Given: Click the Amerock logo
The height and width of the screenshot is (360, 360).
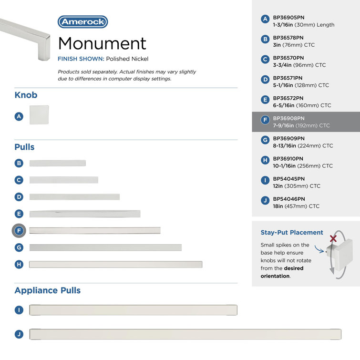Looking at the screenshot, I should [x=82, y=21].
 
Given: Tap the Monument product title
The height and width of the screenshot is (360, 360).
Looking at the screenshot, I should [x=102, y=43].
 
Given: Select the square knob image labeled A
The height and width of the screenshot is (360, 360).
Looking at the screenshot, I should [x=39, y=115].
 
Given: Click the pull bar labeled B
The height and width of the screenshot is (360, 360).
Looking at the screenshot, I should [x=57, y=163].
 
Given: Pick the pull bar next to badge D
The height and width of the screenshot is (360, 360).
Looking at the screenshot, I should [x=74, y=197].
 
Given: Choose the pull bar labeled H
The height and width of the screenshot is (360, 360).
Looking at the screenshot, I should [x=115, y=264].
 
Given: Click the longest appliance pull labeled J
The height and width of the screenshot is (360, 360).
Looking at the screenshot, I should [x=185, y=334].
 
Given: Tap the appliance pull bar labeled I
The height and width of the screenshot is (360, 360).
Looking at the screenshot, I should [x=133, y=310].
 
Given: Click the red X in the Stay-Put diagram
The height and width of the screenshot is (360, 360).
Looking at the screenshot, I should [x=333, y=238].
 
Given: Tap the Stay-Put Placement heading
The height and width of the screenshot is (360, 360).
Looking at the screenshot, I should [x=291, y=233].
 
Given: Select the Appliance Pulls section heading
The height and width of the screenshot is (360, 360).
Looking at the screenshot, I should [x=47, y=290].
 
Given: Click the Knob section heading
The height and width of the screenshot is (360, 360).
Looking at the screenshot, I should [x=26, y=95].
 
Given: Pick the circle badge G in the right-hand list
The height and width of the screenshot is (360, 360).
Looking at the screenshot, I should [x=265, y=140].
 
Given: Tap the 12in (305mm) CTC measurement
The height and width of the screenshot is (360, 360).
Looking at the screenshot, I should [x=296, y=186].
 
